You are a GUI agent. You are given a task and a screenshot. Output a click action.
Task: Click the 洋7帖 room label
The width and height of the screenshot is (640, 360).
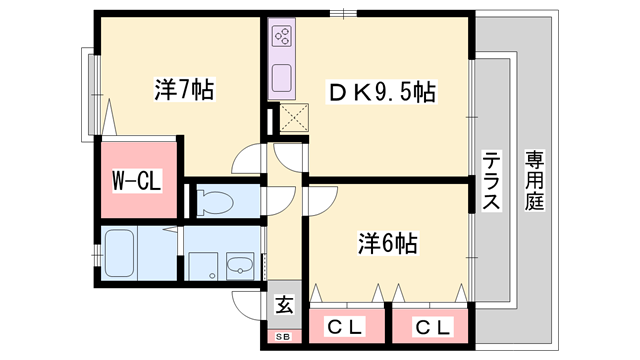184,89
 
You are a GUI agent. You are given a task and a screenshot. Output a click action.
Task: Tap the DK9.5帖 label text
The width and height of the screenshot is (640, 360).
384,93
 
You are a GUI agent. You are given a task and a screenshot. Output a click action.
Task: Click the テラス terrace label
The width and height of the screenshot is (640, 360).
491,181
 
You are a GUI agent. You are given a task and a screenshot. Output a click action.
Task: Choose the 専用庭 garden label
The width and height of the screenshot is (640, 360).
535,181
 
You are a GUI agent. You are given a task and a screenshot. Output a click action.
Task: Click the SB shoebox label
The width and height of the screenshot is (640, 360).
284,336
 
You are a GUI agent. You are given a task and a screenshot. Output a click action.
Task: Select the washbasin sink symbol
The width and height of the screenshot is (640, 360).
240,265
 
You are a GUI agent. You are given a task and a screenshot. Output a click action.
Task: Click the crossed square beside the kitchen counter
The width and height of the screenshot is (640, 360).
295,119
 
